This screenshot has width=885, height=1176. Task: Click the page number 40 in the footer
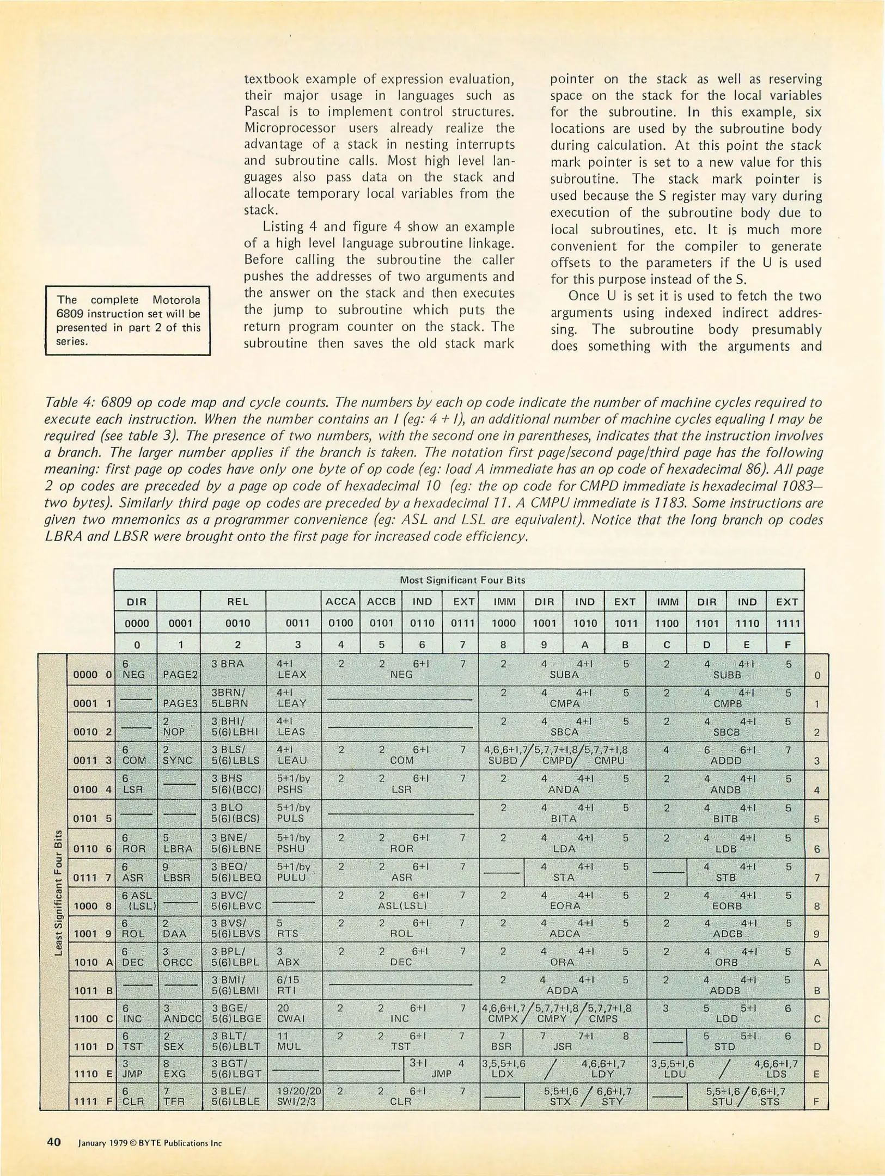[x=53, y=1142]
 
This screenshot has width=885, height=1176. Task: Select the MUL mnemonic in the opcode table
[x=289, y=1046]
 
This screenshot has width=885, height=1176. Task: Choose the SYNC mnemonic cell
[x=178, y=760]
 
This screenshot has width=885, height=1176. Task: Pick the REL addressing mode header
[x=238, y=602]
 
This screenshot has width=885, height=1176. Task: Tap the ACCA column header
[x=340, y=602]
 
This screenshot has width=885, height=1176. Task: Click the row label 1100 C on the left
[x=93, y=1018]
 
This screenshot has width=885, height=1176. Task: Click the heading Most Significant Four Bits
[x=462, y=580]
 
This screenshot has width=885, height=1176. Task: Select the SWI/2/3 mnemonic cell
[x=299, y=1101]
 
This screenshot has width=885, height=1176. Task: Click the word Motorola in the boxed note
[x=176, y=299]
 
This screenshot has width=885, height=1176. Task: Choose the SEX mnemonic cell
[x=175, y=1046]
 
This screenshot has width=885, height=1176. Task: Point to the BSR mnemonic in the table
[x=501, y=1046]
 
